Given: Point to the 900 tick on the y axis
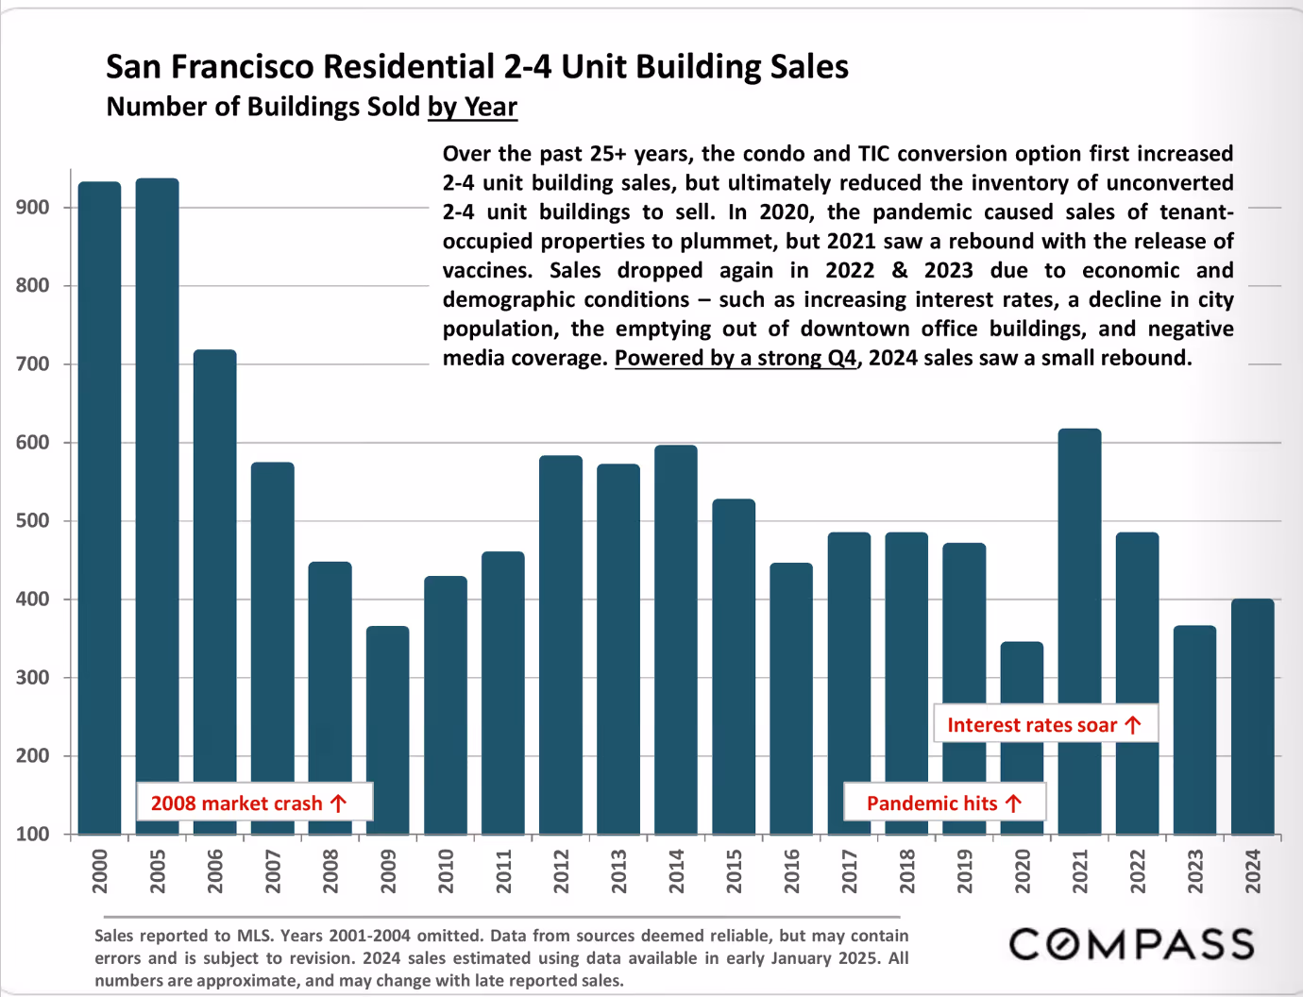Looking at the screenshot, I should click(33, 208).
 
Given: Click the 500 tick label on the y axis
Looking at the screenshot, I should click(33, 521).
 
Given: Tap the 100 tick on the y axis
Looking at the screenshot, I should click(33, 835).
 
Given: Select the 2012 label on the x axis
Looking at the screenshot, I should click(561, 870).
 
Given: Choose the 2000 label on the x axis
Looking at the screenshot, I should click(100, 870).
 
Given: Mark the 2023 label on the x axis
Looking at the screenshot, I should click(1194, 870).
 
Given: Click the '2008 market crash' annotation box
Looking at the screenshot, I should click(254, 803).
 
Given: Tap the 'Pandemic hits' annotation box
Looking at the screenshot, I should click(943, 803).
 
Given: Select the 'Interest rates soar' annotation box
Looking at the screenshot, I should click(1045, 724).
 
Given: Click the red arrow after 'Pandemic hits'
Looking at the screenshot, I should click(1013, 803).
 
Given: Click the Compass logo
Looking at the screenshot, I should click(1131, 944).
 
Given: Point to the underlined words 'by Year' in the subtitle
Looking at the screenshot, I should click(472, 107).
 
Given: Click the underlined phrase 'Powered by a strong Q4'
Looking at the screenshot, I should click(736, 358).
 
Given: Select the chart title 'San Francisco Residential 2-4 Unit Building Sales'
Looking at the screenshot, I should click(477, 66).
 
